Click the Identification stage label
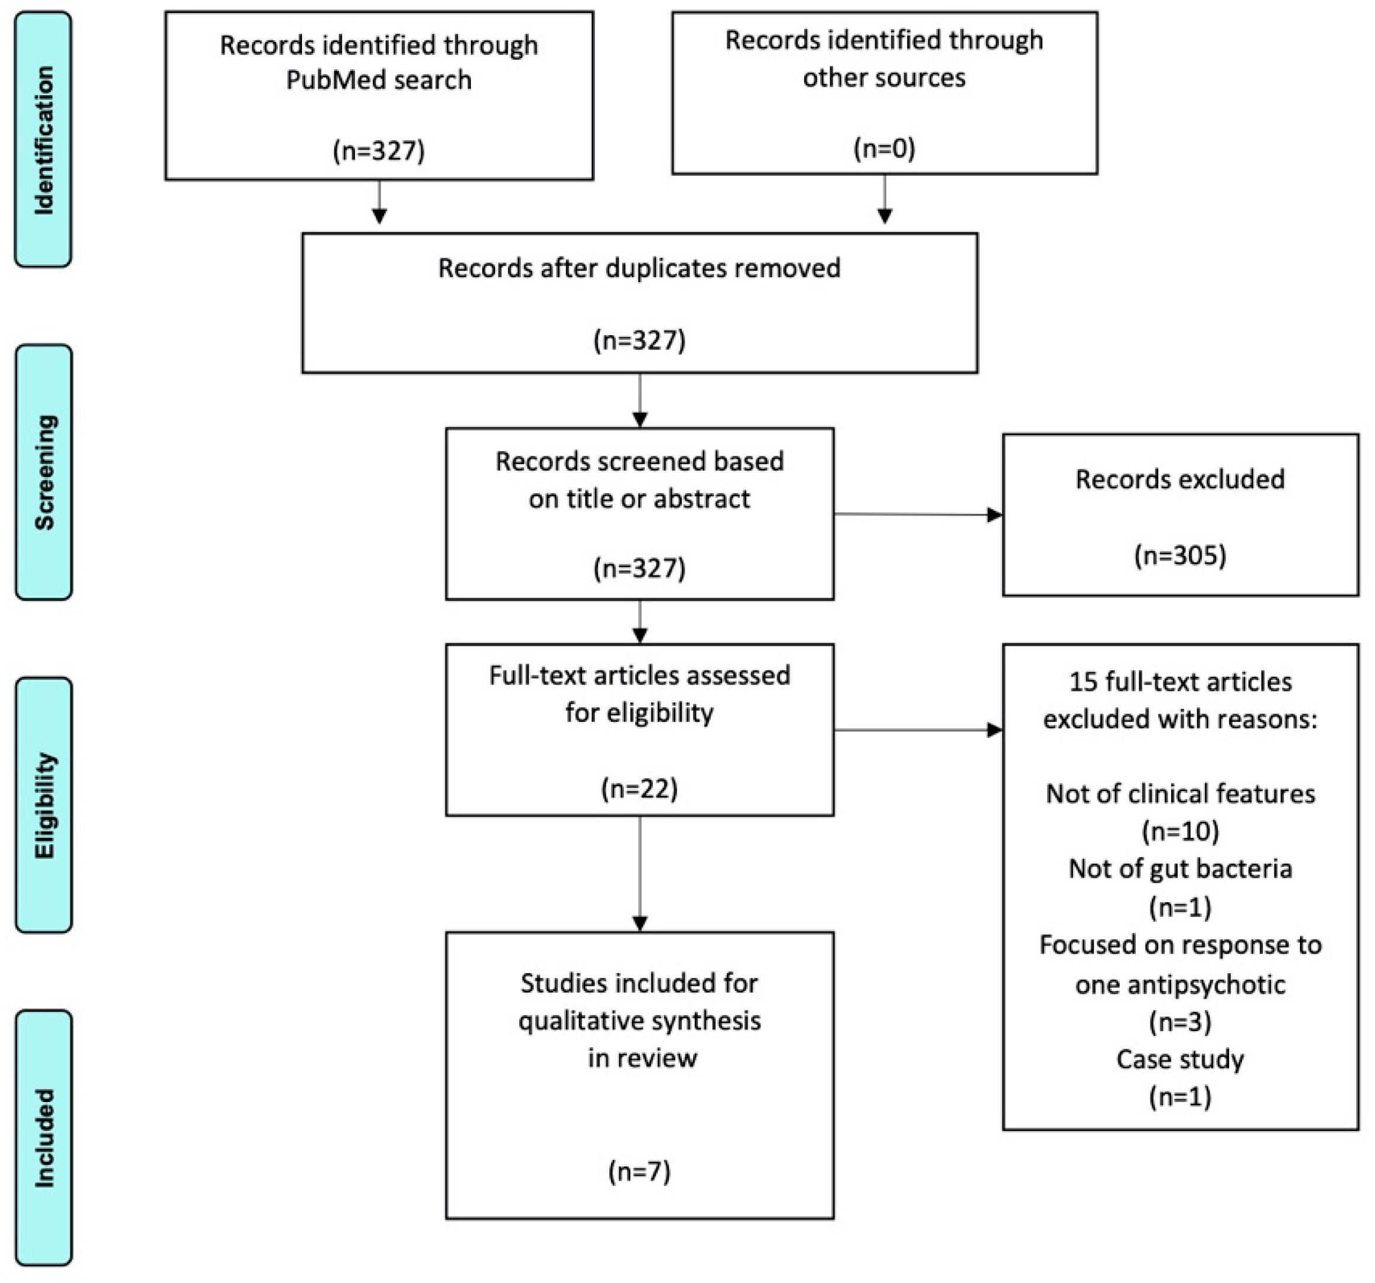point(43,140)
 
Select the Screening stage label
point(44,472)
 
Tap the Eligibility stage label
point(44,805)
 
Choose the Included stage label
point(44,1138)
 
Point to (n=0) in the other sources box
point(884,148)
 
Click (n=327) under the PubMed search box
point(378,150)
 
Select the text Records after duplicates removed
point(639,268)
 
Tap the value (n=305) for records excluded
point(1180,555)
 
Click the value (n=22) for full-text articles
point(639,788)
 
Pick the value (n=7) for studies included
point(639,1172)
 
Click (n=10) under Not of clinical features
point(1180,831)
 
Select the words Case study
point(1180,1059)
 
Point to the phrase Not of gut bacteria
point(1180,869)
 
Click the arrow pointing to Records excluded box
point(994,514)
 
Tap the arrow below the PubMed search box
point(379,215)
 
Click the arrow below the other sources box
point(884,215)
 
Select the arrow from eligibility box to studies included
point(640,922)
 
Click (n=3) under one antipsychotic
point(1180,1022)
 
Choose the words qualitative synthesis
point(639,1020)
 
